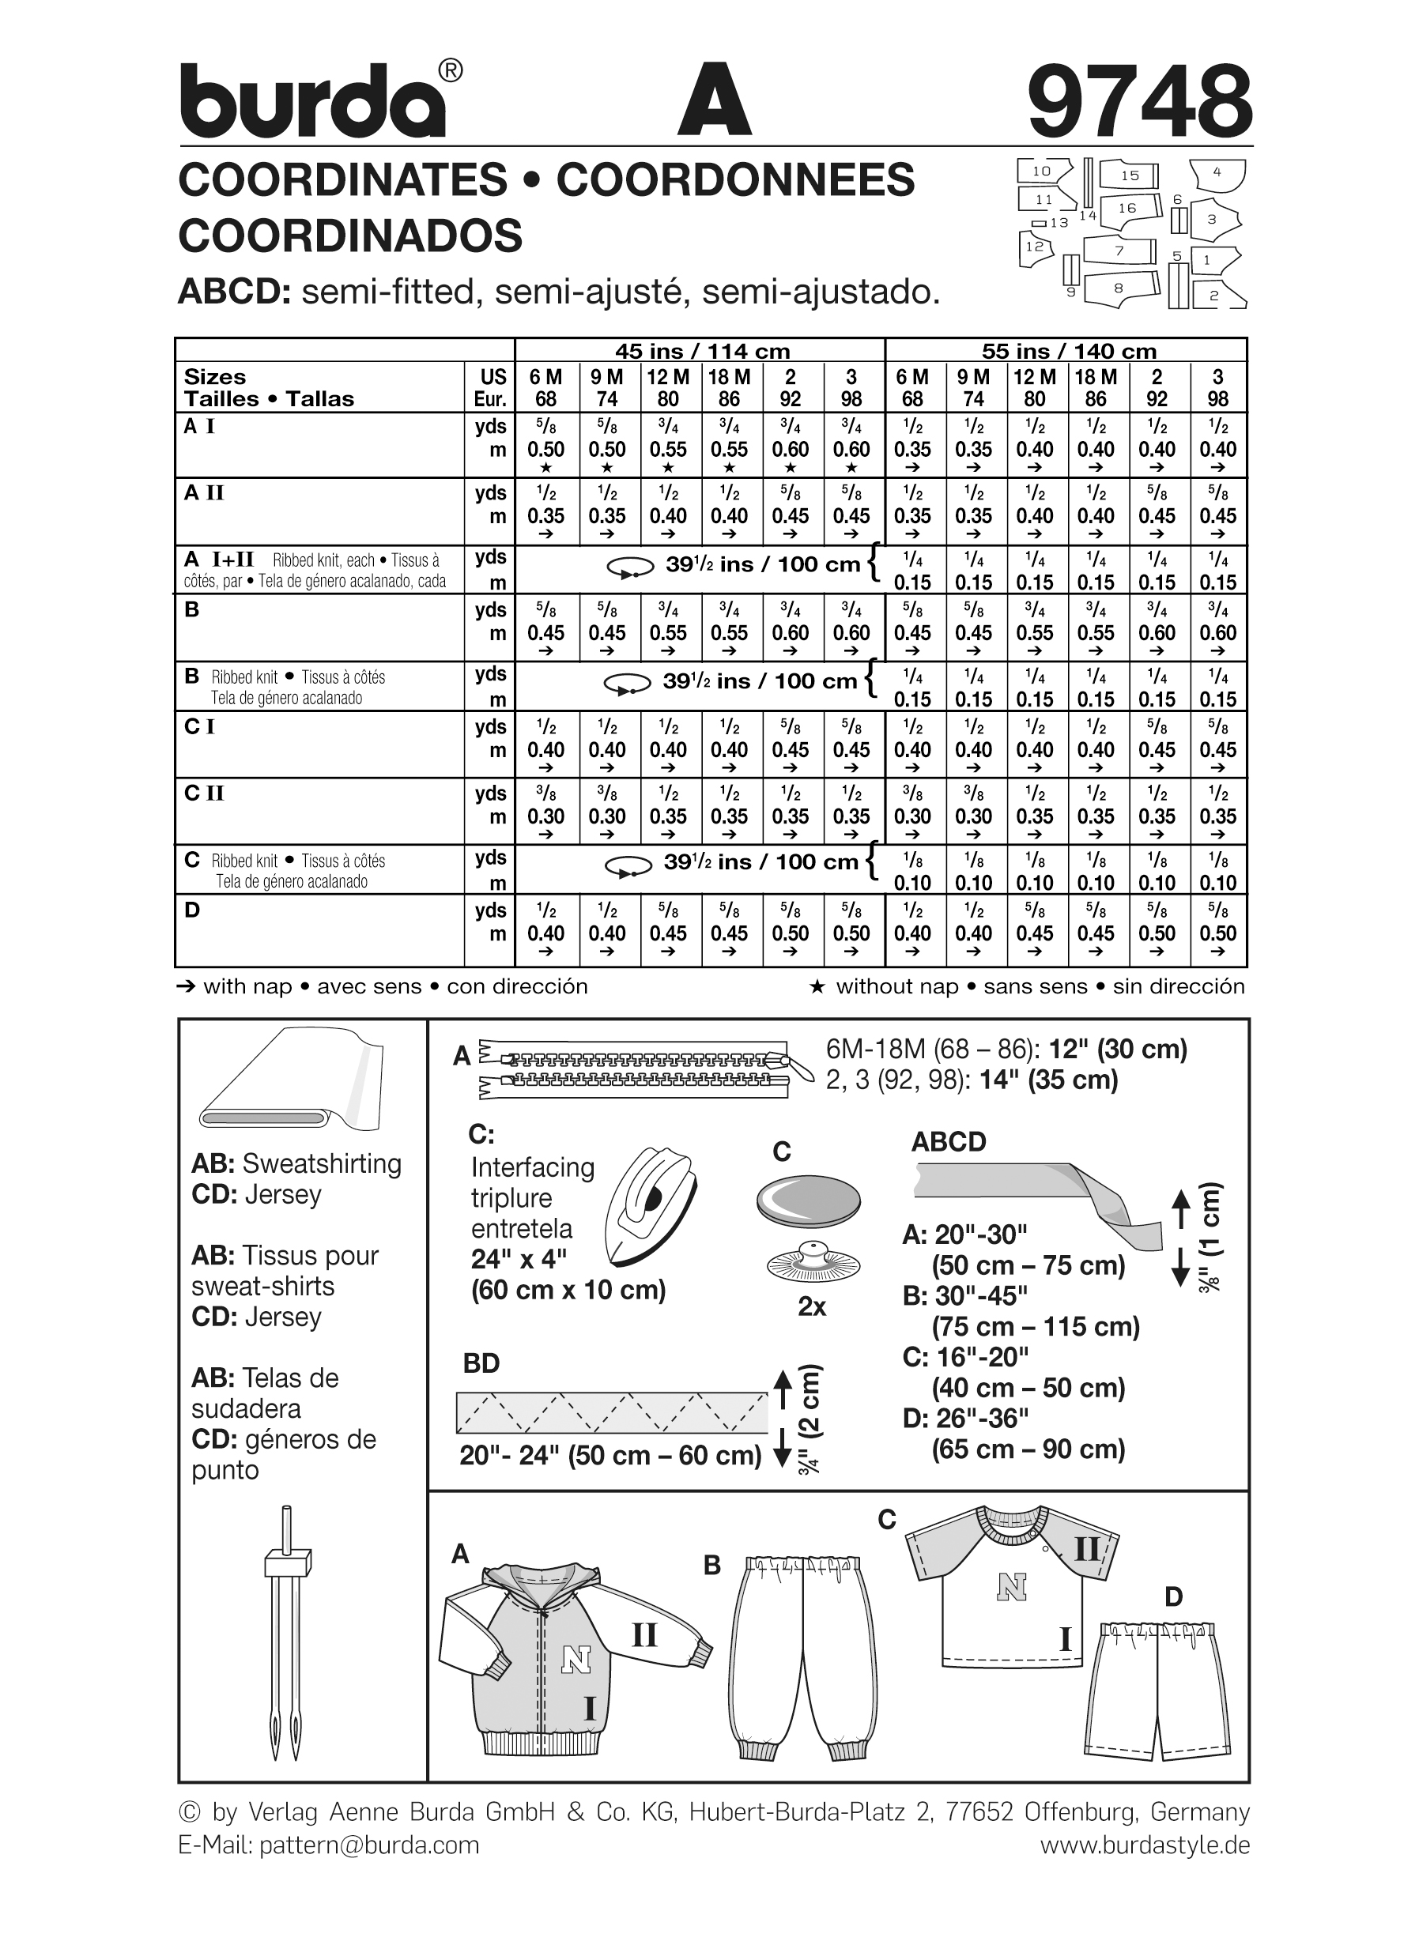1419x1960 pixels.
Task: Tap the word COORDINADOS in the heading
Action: click(350, 235)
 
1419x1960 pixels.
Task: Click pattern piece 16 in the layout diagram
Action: click(1127, 209)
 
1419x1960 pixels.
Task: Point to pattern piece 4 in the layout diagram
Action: click(1217, 173)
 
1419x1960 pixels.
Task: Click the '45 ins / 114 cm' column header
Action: click(702, 351)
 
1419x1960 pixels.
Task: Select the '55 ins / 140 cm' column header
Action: click(1068, 351)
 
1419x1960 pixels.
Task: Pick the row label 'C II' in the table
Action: click(204, 793)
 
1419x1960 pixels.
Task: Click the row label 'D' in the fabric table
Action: click(192, 909)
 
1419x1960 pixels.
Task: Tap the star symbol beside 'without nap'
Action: click(817, 986)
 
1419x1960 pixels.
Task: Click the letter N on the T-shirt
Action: click(1010, 1586)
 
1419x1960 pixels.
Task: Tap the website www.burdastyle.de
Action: click(1144, 1844)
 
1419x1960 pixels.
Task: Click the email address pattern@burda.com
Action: click(368, 1844)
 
